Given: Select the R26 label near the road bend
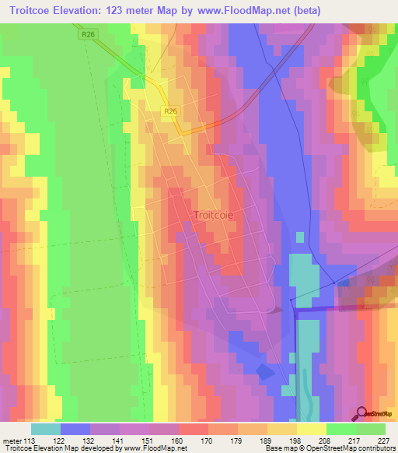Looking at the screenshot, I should click(171, 112).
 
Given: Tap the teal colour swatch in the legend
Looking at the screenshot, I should click(45, 428).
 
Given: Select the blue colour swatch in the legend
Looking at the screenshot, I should click(75, 428).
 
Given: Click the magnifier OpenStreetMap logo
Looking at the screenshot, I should click(361, 412).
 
